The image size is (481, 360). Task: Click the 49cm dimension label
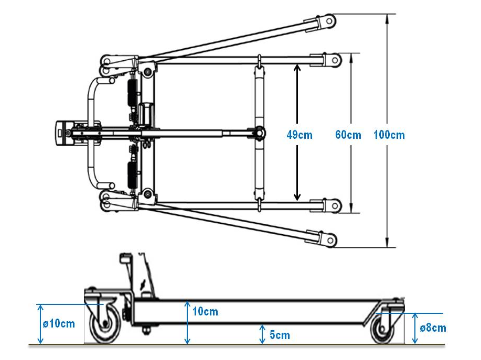[x=300, y=135]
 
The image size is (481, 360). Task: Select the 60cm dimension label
[x=348, y=135]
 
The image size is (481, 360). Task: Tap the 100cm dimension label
[x=389, y=135]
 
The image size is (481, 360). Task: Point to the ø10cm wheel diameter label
[x=59, y=323]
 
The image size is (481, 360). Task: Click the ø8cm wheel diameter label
[x=433, y=328]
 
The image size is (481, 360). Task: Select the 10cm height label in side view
[x=206, y=312]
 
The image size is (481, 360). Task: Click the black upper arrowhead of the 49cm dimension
[x=297, y=68]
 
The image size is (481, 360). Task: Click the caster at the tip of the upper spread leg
[x=328, y=21]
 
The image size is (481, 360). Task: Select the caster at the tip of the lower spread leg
[x=328, y=240]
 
